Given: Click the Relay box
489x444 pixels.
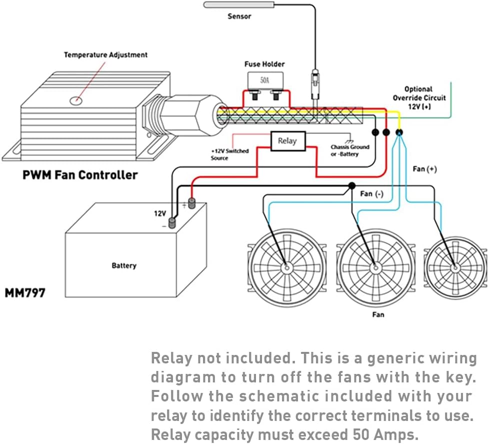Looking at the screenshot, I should (287, 141).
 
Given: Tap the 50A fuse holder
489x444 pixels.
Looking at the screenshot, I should (264, 80).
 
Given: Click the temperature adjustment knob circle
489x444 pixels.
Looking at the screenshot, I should (75, 100).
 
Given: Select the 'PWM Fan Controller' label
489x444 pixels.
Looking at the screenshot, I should (80, 175).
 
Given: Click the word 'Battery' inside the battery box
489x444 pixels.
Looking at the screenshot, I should (124, 265).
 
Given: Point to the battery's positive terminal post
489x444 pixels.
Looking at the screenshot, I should (191, 203).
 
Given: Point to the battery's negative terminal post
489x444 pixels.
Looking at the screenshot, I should (172, 223).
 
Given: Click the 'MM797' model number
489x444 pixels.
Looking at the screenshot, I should (25, 293).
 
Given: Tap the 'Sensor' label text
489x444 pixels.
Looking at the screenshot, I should (239, 17).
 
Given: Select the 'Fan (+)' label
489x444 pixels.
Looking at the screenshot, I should (424, 169).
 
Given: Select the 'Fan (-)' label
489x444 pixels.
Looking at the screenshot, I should (371, 194).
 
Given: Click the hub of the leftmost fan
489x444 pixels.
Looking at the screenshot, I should (287, 268).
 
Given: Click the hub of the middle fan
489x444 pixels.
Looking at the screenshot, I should (375, 268).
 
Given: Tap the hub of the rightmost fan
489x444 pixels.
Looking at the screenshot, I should (455, 268).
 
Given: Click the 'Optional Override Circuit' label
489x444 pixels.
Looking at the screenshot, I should (419, 98).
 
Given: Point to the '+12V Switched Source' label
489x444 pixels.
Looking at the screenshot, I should (229, 154).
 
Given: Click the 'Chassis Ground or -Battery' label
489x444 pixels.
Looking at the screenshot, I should (350, 150).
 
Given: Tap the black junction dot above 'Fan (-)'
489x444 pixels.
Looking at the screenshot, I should (351, 186).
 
